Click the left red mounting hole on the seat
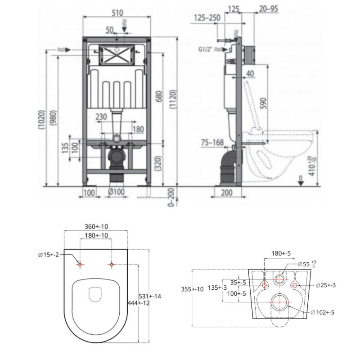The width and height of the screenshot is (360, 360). point(80,265)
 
